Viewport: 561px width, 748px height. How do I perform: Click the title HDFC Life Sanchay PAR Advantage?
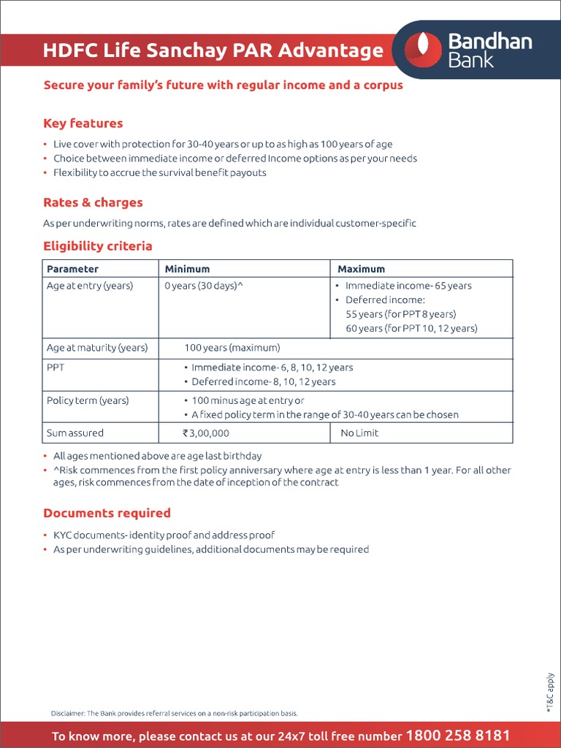[x=213, y=50]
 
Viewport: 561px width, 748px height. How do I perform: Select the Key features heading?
[x=83, y=123]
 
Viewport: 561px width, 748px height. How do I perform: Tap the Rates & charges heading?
[x=93, y=202]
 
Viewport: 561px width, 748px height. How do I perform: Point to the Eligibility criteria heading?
[x=97, y=246]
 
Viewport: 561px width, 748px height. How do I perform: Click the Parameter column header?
[x=72, y=269]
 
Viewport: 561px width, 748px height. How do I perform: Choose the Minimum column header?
[x=187, y=269]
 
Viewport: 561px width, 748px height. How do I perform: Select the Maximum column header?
[x=361, y=269]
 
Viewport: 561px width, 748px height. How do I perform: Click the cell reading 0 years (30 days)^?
[x=204, y=286]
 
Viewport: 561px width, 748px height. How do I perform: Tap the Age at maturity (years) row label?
[x=97, y=348]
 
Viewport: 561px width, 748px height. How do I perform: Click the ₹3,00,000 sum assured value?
[x=205, y=433]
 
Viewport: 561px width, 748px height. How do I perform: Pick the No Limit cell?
[x=359, y=433]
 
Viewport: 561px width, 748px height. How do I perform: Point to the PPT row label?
[x=56, y=367]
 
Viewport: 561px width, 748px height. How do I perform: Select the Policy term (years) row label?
[x=88, y=400]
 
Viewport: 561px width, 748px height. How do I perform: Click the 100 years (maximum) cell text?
[x=232, y=348]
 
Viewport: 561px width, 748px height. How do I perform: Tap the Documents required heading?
[x=107, y=513]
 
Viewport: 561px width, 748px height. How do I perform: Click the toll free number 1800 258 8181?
[x=457, y=735]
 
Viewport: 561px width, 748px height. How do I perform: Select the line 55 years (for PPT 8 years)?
[x=400, y=314]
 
